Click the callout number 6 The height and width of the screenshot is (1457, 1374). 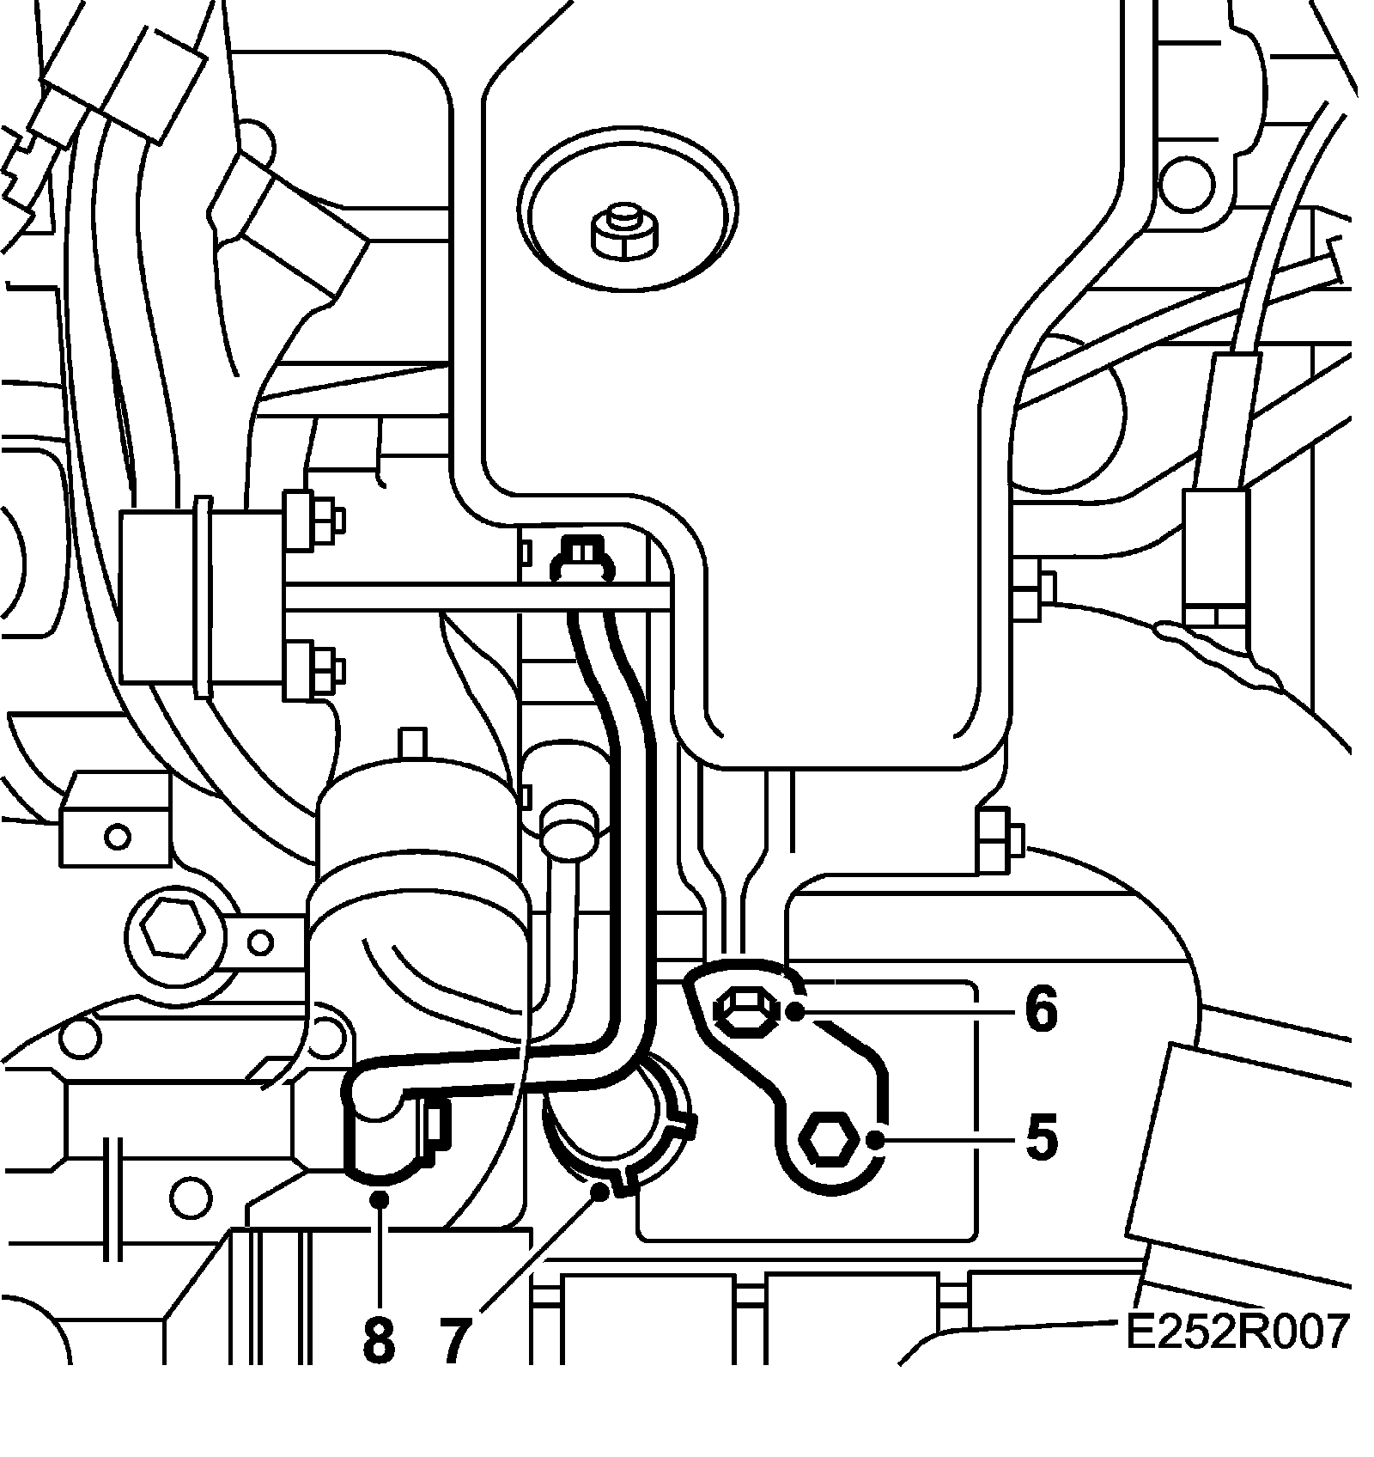click(x=1040, y=1010)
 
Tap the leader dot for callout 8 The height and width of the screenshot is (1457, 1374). click(x=379, y=1197)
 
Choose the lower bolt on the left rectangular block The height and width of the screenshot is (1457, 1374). click(x=314, y=667)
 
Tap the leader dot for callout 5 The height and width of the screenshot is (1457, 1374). click(x=875, y=1140)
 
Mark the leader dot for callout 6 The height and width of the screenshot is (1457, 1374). click(x=795, y=1011)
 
